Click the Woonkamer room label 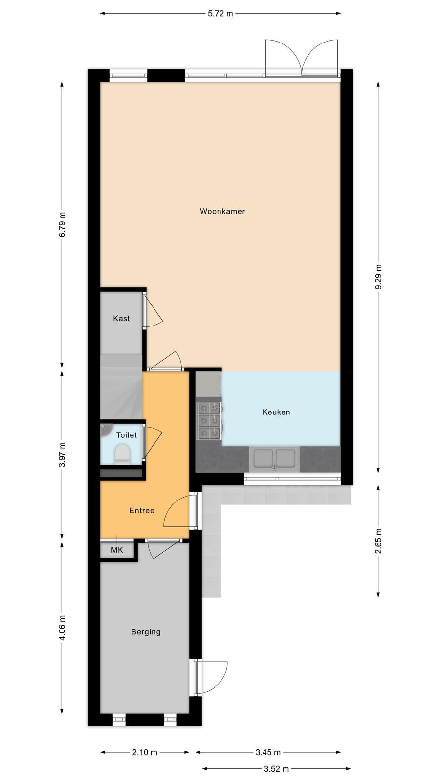coord(222,211)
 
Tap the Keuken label coord(276,413)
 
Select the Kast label coord(121,318)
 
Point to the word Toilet coord(127,435)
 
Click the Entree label coord(142,511)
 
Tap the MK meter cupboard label coord(117,550)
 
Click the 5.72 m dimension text coord(220,14)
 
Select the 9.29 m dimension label coord(378,277)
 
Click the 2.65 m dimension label coord(378,541)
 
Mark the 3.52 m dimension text coord(277,769)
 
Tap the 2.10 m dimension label coord(145,752)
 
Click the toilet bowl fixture coord(122,454)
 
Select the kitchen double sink coord(274,459)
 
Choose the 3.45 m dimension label coord(268,752)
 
